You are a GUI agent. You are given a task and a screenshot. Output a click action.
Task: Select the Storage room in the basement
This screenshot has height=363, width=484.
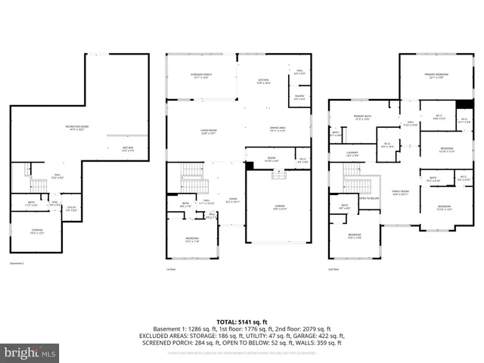pyautogui.click(x=37, y=231)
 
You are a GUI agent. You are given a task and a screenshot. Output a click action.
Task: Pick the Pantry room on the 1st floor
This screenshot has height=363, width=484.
pyautogui.click(x=299, y=97)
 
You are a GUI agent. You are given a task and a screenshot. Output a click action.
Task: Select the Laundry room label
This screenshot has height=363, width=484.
pyautogui.click(x=352, y=154)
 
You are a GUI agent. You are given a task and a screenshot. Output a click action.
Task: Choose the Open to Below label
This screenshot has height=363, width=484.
pyautogui.click(x=370, y=199)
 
